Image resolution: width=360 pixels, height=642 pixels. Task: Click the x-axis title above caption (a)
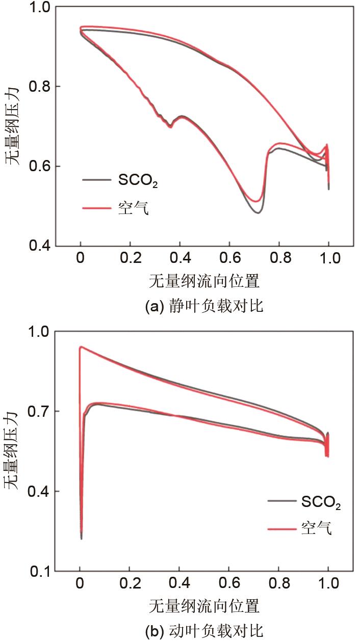[x=204, y=280]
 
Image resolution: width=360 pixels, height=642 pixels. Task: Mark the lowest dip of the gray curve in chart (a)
[x=258, y=212]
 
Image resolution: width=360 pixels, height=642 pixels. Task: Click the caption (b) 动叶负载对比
[x=204, y=632]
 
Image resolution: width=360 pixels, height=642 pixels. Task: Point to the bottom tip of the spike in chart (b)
[x=82, y=538]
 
